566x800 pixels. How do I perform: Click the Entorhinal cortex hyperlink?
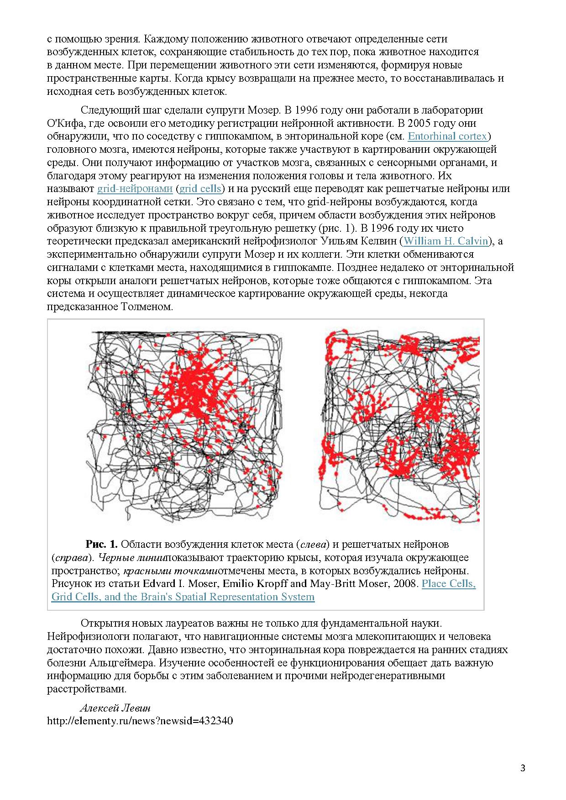click(x=448, y=136)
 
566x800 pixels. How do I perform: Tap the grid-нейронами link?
click(x=135, y=188)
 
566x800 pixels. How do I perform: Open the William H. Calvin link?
click(x=446, y=241)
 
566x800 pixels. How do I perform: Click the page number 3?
click(x=523, y=768)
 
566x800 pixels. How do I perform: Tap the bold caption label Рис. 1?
click(x=102, y=544)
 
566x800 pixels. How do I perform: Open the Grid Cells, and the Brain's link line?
click(x=183, y=597)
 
